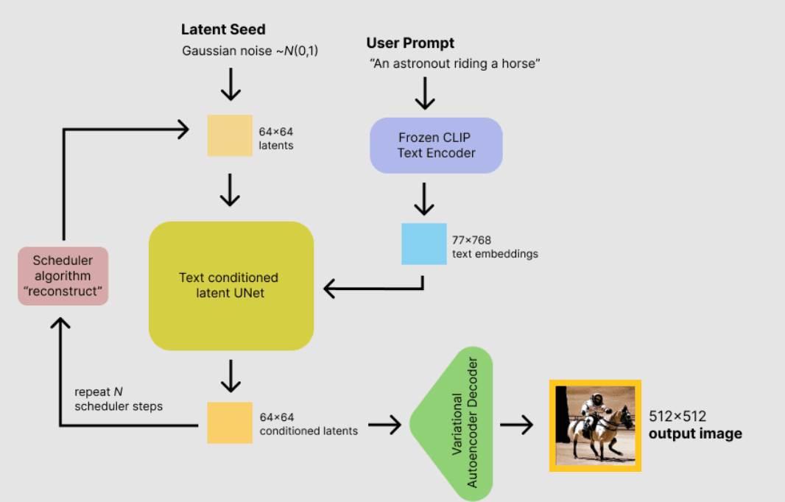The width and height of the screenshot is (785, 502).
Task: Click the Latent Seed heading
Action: (223, 30)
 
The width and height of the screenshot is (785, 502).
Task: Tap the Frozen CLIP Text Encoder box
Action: (436, 146)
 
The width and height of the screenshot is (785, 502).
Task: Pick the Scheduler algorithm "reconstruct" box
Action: (63, 276)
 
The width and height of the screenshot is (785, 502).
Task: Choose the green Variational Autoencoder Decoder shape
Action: (457, 423)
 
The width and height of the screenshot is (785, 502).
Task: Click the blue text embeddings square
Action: (423, 244)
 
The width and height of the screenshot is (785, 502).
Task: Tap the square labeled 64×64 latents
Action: (230, 135)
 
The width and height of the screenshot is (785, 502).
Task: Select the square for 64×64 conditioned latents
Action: (230, 423)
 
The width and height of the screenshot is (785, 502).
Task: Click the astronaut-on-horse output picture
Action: (595, 425)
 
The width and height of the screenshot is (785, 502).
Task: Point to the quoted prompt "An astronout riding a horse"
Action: (455, 64)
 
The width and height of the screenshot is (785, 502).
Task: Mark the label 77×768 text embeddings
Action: (494, 247)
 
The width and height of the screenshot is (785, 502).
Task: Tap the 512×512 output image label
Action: (694, 425)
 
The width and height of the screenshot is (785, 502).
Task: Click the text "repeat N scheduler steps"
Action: (118, 399)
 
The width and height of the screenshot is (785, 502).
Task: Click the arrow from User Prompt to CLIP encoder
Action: (426, 92)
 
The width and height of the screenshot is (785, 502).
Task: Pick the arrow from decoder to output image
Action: (517, 424)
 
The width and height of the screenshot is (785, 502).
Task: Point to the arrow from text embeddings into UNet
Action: (372, 289)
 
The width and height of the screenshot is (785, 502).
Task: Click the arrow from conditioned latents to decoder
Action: (384, 424)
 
